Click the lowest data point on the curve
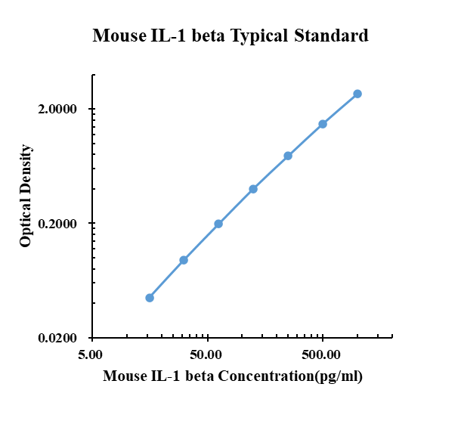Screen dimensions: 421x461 pyautogui.click(x=150, y=298)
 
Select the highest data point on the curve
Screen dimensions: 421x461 pyautogui.click(x=357, y=94)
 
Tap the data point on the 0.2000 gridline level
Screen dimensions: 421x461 pyautogui.click(x=218, y=224)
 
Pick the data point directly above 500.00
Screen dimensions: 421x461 pyautogui.click(x=323, y=124)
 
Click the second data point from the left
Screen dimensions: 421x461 pyautogui.click(x=184, y=260)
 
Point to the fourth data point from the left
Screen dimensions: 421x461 pyautogui.click(x=253, y=189)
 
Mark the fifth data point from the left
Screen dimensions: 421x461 pyautogui.click(x=288, y=156)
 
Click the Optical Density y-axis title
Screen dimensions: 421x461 pyautogui.click(x=26, y=196)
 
